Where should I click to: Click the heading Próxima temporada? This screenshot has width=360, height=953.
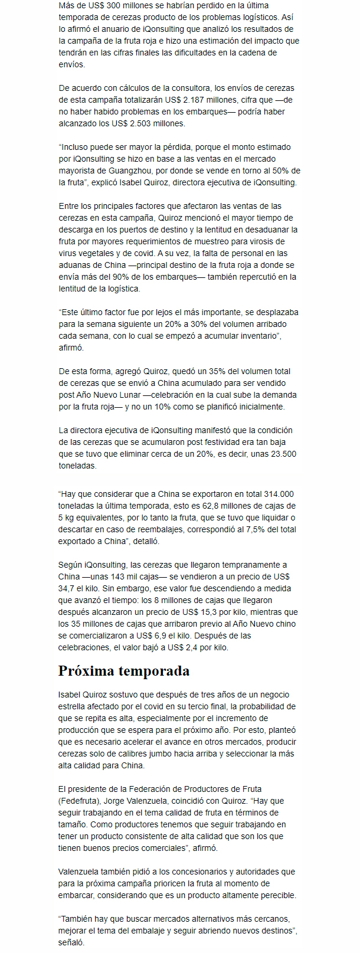click(x=124, y=671)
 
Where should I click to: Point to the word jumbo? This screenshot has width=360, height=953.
click(x=174, y=754)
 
